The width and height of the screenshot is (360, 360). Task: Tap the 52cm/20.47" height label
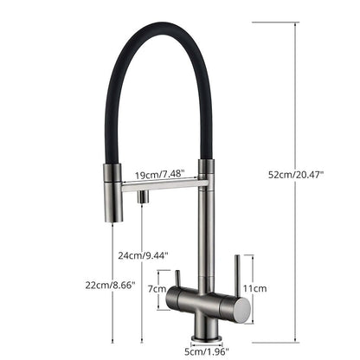pos(295,174)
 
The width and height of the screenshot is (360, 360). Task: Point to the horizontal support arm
pos(164,184)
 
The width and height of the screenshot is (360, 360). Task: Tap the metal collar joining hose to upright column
pos(204,170)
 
